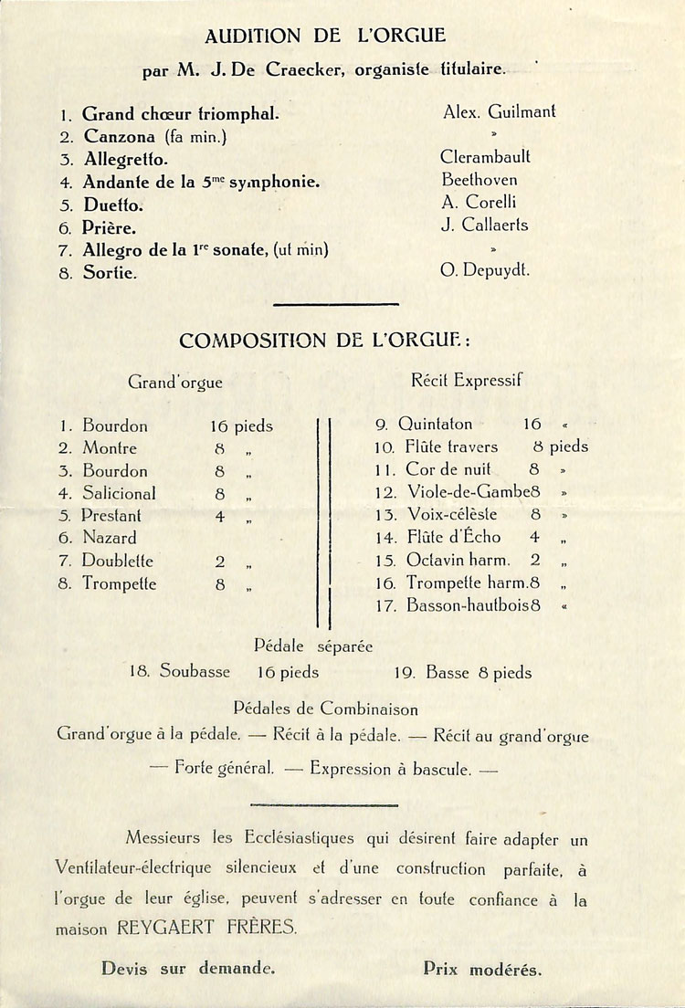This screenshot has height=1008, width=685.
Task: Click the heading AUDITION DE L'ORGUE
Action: coord(325,37)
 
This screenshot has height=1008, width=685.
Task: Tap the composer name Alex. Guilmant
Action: coord(499,112)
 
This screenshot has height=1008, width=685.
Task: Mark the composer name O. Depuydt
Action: coord(485,270)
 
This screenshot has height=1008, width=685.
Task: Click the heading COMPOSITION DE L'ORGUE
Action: coord(325,341)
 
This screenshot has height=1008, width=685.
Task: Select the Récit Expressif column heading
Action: coord(466,380)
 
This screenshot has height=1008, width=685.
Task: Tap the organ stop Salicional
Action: coord(119,493)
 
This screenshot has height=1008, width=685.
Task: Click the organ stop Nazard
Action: coord(110,538)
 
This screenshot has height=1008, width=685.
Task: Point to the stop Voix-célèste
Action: coord(452,514)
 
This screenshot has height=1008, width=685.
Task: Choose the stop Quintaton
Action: coord(436,424)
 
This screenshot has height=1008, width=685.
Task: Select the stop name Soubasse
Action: coord(195,672)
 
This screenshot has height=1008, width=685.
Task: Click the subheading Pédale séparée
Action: coord(313,646)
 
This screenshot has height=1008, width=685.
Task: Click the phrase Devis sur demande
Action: coord(188,969)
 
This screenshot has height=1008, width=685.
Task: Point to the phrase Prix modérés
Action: coord(482,969)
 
